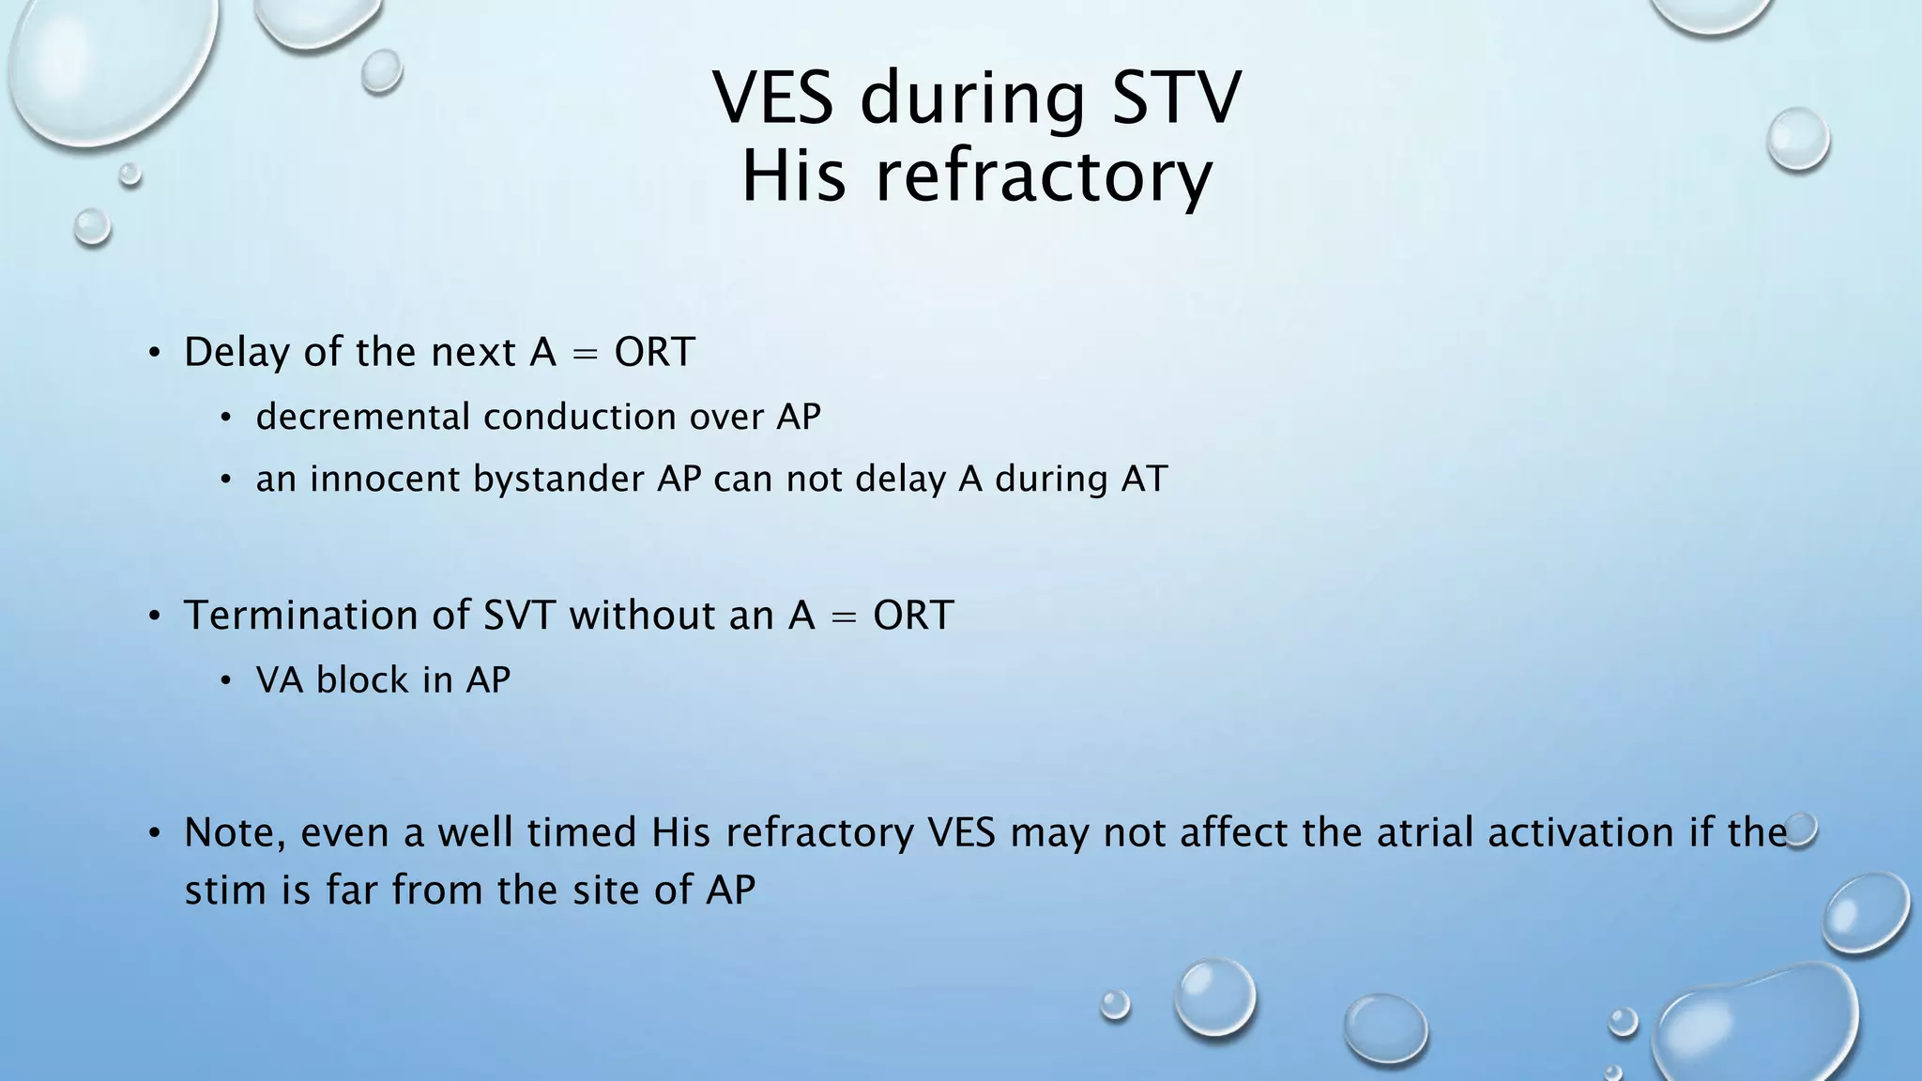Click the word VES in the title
773,98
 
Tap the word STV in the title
1176,98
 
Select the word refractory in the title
1044,177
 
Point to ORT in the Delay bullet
654,353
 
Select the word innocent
385,480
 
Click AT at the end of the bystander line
1144,480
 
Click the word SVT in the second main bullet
520,616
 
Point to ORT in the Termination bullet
913,616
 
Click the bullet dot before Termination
155,617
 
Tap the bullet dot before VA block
225,682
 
